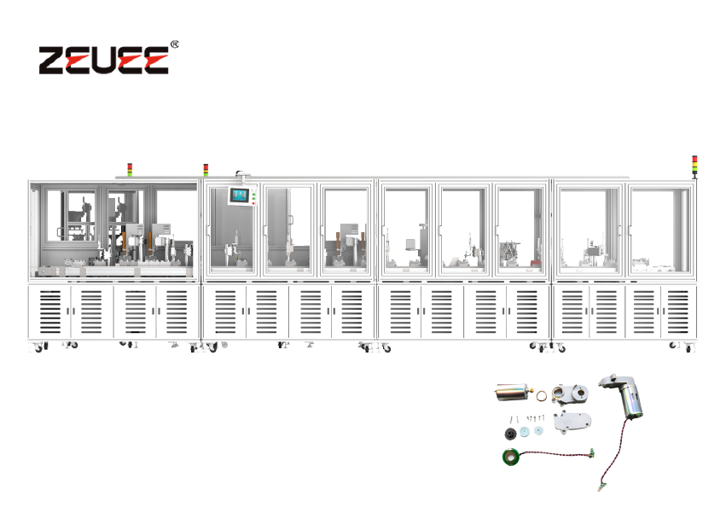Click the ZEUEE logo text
click(x=102, y=59)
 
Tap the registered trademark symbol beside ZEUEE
click(x=174, y=43)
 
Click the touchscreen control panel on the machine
click(x=241, y=196)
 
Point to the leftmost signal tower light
click(x=130, y=169)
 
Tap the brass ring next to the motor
click(x=542, y=395)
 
